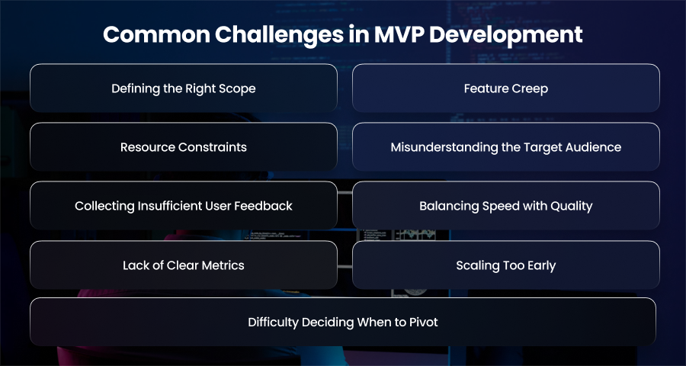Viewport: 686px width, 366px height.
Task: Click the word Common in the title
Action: click(x=156, y=34)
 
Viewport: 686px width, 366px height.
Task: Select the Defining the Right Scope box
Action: click(x=184, y=88)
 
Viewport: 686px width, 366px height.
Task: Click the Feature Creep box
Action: click(x=506, y=88)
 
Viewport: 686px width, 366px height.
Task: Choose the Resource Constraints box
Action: click(x=184, y=146)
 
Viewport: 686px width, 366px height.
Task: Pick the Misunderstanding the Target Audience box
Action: click(x=506, y=146)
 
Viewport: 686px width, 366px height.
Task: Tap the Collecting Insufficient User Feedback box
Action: click(x=184, y=205)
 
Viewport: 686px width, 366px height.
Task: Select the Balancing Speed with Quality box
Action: click(x=506, y=205)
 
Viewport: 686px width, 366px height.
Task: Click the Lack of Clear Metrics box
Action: click(x=184, y=265)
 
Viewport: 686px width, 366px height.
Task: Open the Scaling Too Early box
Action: click(x=506, y=265)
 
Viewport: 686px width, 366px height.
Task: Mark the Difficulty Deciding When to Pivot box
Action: click(x=343, y=322)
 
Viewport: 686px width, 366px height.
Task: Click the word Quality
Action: click(x=572, y=206)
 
